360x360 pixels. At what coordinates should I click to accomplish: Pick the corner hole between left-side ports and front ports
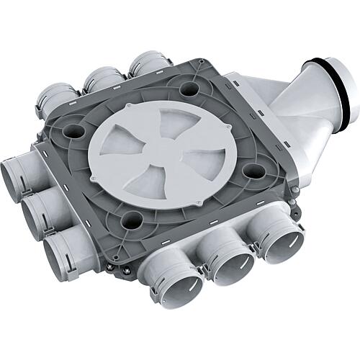pyautogui.click(x=132, y=220)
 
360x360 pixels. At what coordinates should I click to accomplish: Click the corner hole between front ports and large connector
pyautogui.click(x=251, y=171)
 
